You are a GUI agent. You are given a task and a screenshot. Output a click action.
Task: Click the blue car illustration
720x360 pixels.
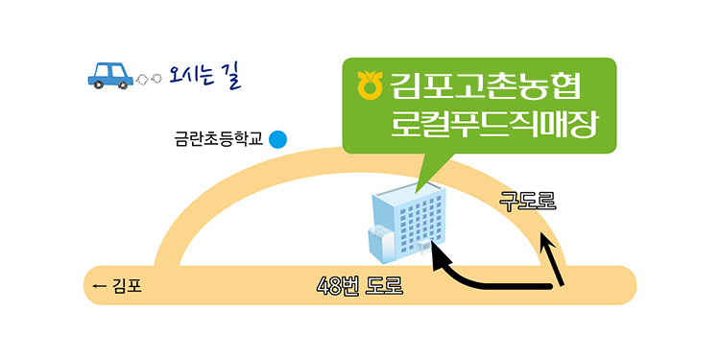point(110,75)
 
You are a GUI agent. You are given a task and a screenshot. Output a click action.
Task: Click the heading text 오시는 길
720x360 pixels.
point(204,76)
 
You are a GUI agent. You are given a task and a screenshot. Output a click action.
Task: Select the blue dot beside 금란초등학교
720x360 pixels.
point(277,139)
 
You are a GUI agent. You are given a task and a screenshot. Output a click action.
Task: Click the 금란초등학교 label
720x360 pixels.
point(218,139)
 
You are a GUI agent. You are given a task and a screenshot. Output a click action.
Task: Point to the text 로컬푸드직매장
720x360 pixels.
point(494,125)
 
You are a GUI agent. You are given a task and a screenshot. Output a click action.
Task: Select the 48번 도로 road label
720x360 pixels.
point(360,286)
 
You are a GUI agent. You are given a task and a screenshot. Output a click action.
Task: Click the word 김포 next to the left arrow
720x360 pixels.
point(127,286)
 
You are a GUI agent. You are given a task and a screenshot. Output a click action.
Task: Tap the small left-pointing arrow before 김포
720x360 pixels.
point(100,286)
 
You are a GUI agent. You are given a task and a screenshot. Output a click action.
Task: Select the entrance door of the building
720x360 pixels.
point(423,247)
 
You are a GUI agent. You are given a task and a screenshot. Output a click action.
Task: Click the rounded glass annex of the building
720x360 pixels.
point(380,244)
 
